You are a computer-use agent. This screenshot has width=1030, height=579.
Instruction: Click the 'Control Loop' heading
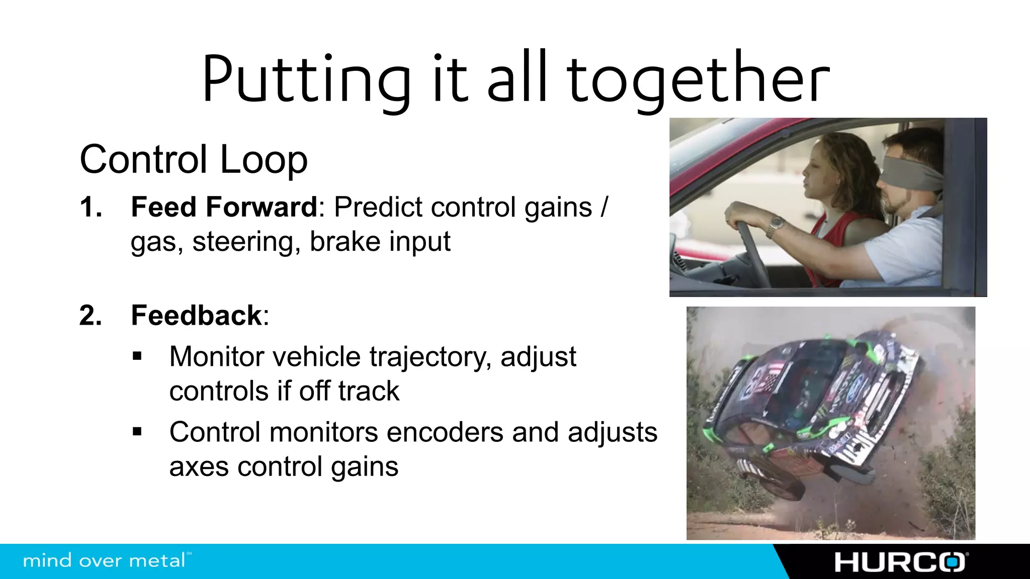tap(194, 159)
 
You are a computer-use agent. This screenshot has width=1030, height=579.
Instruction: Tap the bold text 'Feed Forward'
tap(224, 207)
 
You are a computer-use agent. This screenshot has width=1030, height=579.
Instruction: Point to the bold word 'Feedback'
tap(197, 316)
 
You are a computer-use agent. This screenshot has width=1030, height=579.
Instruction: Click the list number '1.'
tap(91, 207)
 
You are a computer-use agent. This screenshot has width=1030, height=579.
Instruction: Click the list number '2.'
tap(91, 316)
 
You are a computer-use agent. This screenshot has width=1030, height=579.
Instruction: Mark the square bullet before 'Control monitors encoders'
tap(137, 432)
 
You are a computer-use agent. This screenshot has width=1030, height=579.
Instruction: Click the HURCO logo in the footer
tap(900, 562)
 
